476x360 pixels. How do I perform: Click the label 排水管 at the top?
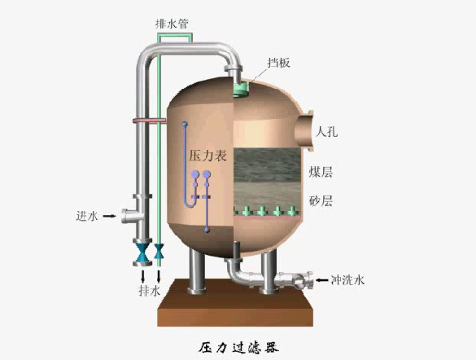coord(172,24)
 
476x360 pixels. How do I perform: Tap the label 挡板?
coord(278,63)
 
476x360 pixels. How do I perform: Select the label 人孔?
coord(326,132)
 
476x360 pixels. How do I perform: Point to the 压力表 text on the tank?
coord(208,156)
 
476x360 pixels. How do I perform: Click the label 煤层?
coord(321,172)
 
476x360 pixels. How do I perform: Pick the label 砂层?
coord(321,201)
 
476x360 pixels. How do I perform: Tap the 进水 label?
coord(87,216)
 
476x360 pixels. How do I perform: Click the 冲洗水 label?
coord(347,280)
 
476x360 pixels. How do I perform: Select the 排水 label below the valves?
coord(150,291)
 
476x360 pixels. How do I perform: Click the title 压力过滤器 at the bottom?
coord(238,348)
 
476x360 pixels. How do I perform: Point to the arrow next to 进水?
coord(109,216)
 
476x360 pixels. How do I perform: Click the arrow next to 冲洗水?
coord(321,280)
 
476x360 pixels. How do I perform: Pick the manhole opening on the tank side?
coord(304,131)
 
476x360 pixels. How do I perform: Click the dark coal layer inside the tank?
coord(267,165)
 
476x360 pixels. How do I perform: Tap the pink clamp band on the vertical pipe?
coord(150,121)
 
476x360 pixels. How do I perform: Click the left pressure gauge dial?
coord(195,174)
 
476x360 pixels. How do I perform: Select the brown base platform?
coord(235,303)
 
